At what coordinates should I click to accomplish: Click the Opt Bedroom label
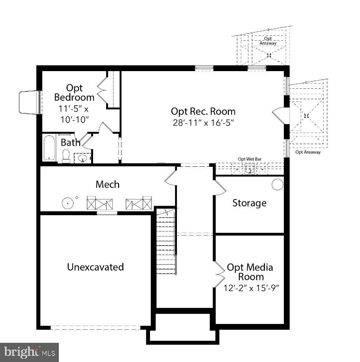coord(74,93)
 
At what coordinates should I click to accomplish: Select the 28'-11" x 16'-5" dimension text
coord(203,123)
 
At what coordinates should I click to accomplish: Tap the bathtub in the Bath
coord(49,148)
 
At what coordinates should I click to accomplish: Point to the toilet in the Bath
coord(66,156)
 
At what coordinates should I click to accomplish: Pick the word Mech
coord(107,184)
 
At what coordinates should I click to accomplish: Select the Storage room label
coord(249,203)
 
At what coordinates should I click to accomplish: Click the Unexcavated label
coord(95,267)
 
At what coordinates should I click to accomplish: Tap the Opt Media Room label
coord(250,272)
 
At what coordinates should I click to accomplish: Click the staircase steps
coord(166,242)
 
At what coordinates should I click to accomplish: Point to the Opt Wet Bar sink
coord(249,169)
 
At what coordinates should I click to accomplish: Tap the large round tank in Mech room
coord(68,203)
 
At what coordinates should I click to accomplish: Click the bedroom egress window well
coord(30,102)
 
